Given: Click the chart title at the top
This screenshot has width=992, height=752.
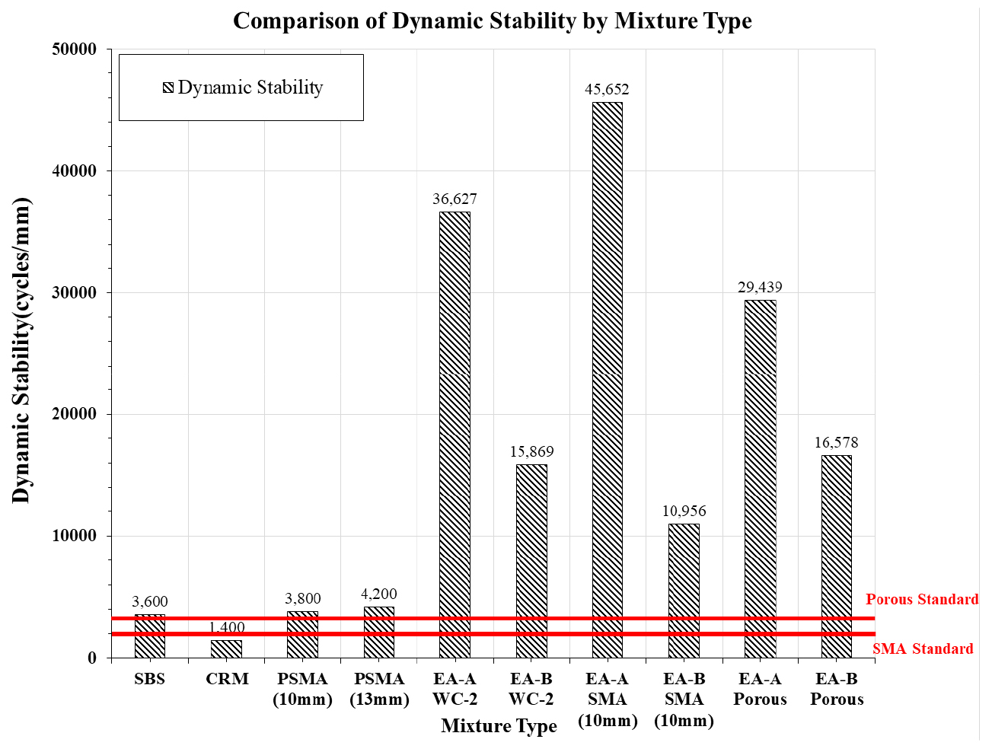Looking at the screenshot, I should pyautogui.click(x=492, y=21).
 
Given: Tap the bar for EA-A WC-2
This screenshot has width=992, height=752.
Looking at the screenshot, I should pyautogui.click(x=455, y=434).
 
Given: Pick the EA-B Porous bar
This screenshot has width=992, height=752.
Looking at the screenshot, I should pyautogui.click(x=837, y=556).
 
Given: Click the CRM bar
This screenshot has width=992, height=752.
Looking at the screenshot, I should pyautogui.click(x=226, y=648).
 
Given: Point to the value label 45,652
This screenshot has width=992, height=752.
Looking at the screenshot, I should pyautogui.click(x=607, y=89).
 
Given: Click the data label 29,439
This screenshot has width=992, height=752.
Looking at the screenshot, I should pyautogui.click(x=760, y=287).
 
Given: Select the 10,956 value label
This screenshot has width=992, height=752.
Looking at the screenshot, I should pyautogui.click(x=684, y=511).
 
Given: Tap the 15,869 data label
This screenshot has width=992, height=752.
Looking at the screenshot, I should pyautogui.click(x=531, y=451).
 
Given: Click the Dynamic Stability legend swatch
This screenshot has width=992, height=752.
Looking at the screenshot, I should pyautogui.click(x=168, y=88).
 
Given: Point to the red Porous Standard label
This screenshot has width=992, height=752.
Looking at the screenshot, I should pyautogui.click(x=922, y=599).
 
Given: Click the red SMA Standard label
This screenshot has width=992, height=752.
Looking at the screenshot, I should pyautogui.click(x=923, y=648).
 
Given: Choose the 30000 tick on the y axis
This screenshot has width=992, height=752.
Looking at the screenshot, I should pyautogui.click(x=74, y=293).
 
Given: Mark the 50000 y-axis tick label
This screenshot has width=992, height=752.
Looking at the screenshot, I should pyautogui.click(x=74, y=49).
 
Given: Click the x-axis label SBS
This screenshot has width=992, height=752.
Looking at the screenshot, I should pyautogui.click(x=149, y=679).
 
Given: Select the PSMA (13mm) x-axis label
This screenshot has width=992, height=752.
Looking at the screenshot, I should pyautogui.click(x=379, y=689).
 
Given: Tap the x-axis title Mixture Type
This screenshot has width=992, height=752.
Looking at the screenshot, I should pyautogui.click(x=499, y=725).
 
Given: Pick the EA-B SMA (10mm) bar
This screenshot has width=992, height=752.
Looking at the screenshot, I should pyautogui.click(x=684, y=591).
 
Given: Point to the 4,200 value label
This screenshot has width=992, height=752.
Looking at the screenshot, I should pyautogui.click(x=378, y=594).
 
